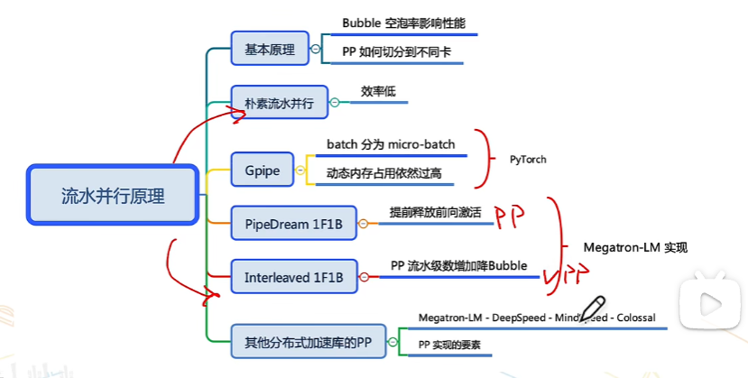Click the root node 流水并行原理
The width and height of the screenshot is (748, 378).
[113, 195]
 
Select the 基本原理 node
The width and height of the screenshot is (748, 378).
[270, 50]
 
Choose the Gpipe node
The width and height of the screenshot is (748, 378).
[262, 170]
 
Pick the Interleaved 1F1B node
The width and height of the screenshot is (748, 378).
[293, 277]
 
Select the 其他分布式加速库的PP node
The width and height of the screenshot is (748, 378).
[308, 342]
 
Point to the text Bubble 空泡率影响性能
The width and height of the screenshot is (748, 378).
[403, 23]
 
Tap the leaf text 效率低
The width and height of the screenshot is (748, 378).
[378, 91]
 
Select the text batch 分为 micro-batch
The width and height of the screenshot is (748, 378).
[391, 143]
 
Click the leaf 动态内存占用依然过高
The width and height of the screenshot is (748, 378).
[383, 171]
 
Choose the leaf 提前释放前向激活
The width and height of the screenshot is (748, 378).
[435, 212]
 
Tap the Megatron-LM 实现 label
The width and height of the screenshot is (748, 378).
[634, 246]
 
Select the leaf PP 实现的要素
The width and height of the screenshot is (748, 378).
[449, 345]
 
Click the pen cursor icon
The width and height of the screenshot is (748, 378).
[592, 308]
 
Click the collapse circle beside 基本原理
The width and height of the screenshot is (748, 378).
[315, 50]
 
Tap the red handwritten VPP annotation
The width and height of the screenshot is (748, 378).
[565, 275]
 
